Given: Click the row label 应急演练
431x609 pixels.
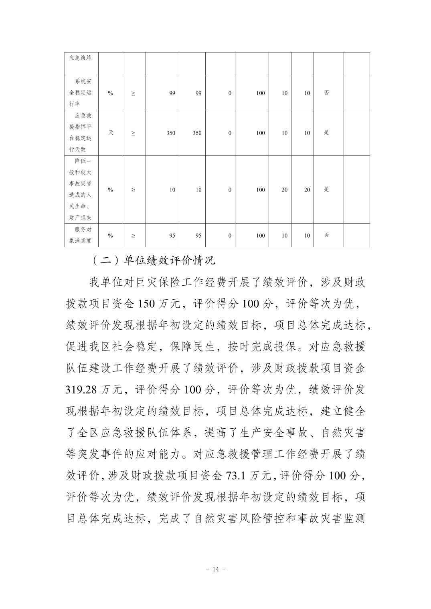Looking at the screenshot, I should pyautogui.click(x=80, y=58).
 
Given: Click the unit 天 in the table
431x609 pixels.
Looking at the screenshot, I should pyautogui.click(x=111, y=132).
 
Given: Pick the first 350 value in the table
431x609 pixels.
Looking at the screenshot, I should pyautogui.click(x=171, y=133).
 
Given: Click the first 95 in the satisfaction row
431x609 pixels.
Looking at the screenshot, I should pyautogui.click(x=172, y=236).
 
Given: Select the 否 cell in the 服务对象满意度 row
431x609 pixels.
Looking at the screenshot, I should pyautogui.click(x=326, y=235).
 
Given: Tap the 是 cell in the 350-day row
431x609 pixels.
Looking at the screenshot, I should pyautogui.click(x=326, y=133).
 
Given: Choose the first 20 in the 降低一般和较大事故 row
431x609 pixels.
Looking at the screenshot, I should pyautogui.click(x=284, y=190).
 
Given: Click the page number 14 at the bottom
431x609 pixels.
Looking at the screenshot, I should pyautogui.click(x=216, y=569).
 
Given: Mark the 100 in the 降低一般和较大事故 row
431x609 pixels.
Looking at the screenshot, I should pyautogui.click(x=261, y=190).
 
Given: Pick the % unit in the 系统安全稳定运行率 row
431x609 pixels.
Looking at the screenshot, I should pyautogui.click(x=111, y=93).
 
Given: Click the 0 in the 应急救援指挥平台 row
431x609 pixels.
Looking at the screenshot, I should pyautogui.click(x=230, y=133).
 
